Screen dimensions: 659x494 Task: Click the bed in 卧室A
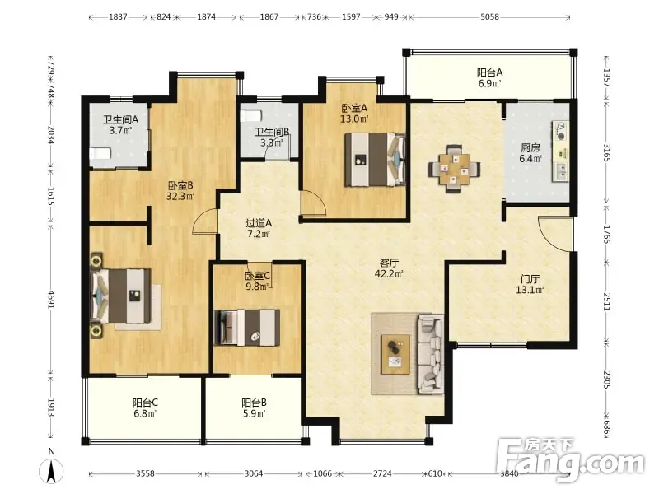[x=375, y=160]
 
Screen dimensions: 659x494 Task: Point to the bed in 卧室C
[x=246, y=328]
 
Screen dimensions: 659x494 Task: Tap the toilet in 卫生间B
[x=251, y=115]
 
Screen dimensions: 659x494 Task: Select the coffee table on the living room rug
[x=395, y=354]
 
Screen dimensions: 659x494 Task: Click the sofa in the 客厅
[x=430, y=354]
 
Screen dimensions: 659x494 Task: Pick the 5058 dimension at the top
[x=489, y=16]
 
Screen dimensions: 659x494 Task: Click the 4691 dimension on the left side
[x=51, y=300]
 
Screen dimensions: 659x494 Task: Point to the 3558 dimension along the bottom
[x=145, y=473]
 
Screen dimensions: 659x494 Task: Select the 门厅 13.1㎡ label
[x=530, y=284]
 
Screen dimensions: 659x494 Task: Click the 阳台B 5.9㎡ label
[x=254, y=408]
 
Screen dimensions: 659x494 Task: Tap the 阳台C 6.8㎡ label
[x=145, y=408]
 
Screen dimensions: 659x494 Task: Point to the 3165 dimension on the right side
[x=607, y=152]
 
